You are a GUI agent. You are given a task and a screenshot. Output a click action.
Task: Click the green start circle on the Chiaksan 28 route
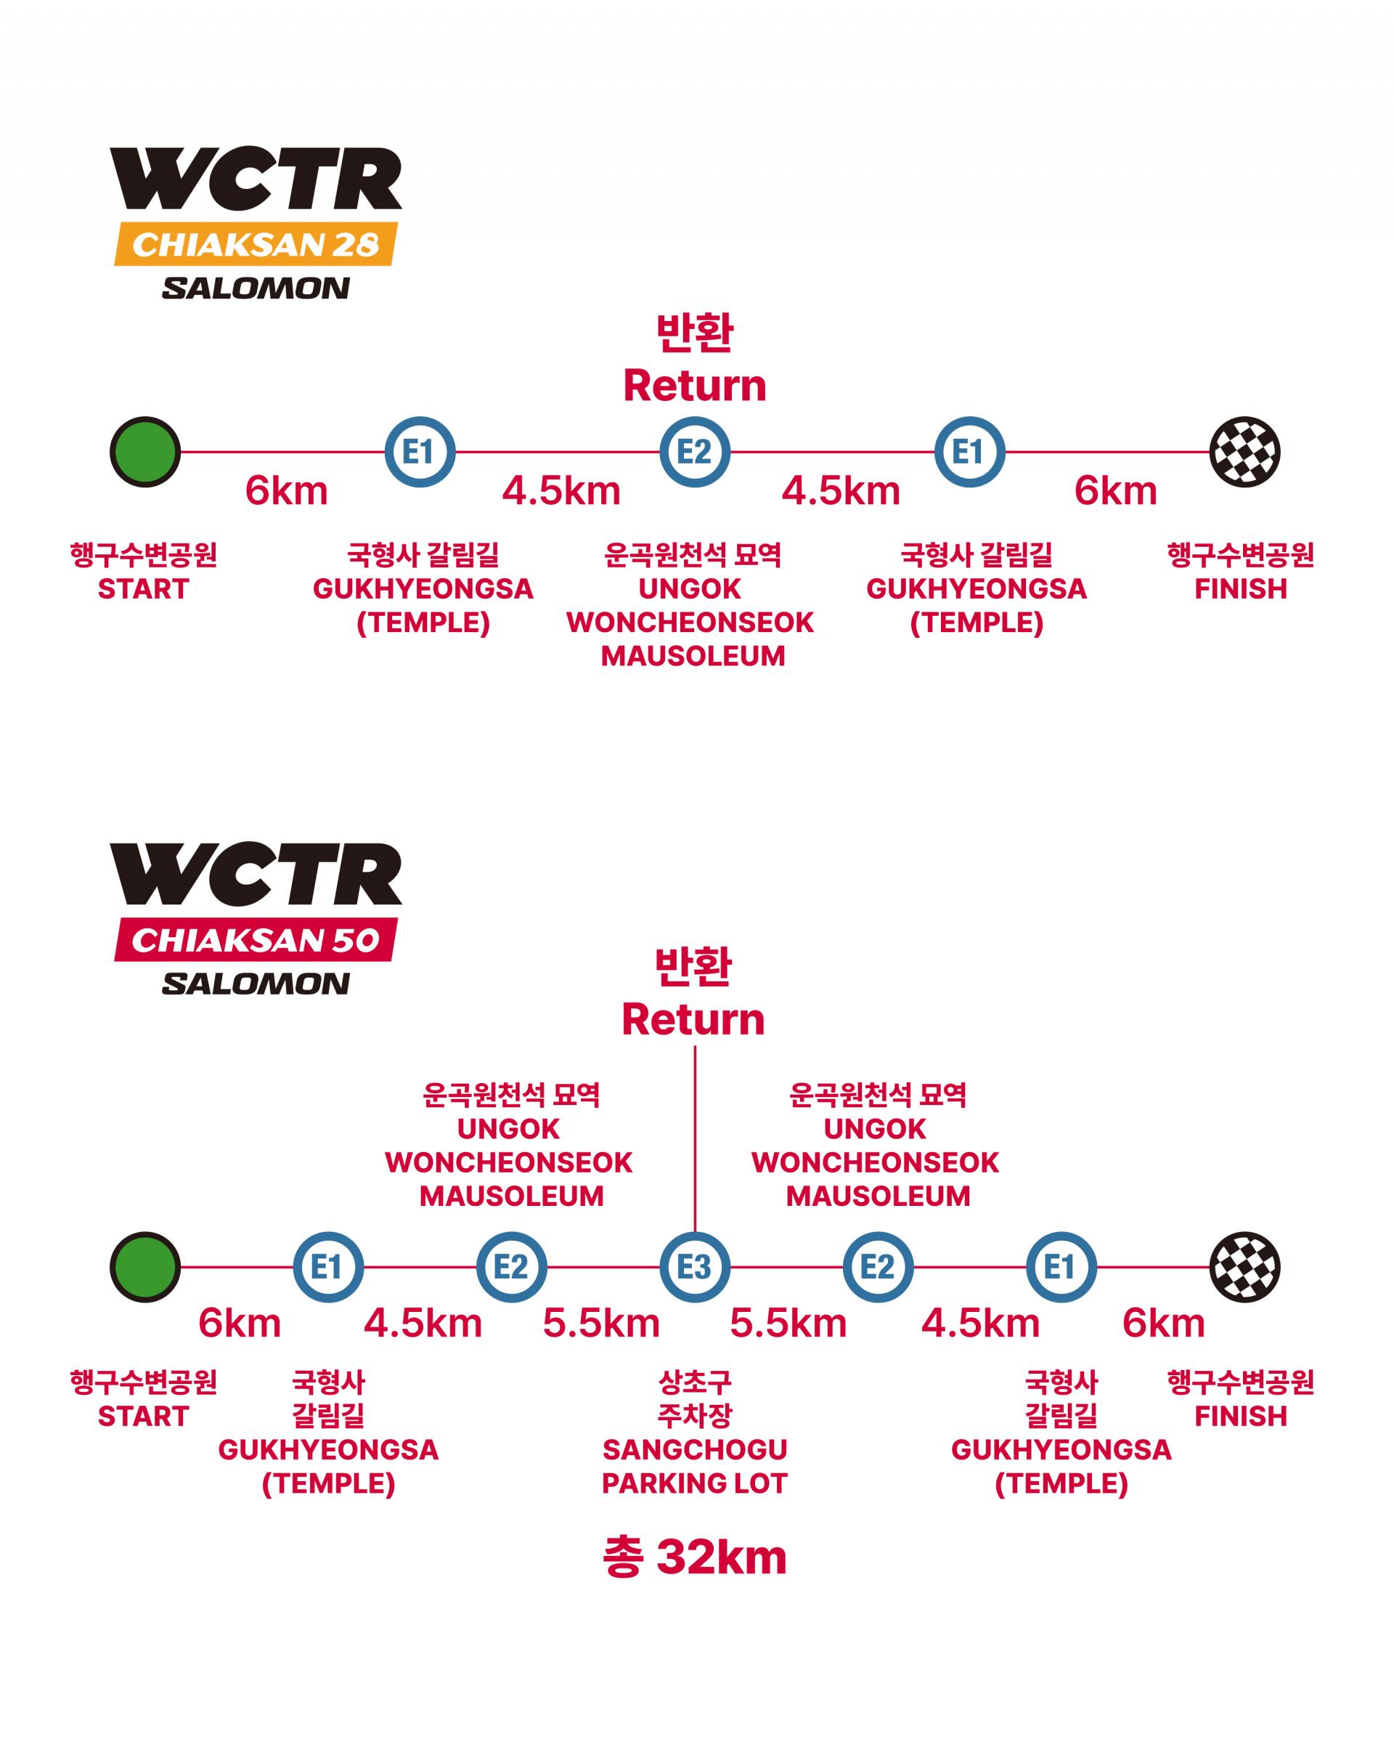(145, 452)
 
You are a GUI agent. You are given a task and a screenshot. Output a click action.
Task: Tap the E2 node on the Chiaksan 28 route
(695, 452)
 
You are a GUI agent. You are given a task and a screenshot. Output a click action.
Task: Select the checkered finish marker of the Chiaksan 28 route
(1244, 452)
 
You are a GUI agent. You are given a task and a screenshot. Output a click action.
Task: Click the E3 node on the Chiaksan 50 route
(695, 1267)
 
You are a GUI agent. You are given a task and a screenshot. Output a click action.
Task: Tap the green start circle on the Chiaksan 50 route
(145, 1267)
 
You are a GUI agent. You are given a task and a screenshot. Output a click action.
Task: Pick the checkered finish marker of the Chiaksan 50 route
(1244, 1267)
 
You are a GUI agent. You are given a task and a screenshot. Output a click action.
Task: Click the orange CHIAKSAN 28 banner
(256, 244)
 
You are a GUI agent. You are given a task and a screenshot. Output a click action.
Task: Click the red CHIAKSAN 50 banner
(256, 940)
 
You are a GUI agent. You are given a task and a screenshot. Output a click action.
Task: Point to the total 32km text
(695, 1557)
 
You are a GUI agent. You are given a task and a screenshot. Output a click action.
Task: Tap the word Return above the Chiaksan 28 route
(695, 386)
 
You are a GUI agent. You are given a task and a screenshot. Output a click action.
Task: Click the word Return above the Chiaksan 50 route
(693, 1020)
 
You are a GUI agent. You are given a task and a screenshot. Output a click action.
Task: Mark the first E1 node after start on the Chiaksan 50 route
(328, 1267)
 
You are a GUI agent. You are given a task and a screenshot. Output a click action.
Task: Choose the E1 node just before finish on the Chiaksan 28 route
(969, 452)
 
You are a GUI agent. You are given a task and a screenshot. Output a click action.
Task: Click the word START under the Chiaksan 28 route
(143, 589)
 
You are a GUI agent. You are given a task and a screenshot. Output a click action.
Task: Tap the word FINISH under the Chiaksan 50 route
(1241, 1417)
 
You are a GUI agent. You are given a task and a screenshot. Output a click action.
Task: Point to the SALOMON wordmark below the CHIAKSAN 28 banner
(256, 288)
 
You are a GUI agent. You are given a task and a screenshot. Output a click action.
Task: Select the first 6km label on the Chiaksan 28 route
(286, 491)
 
